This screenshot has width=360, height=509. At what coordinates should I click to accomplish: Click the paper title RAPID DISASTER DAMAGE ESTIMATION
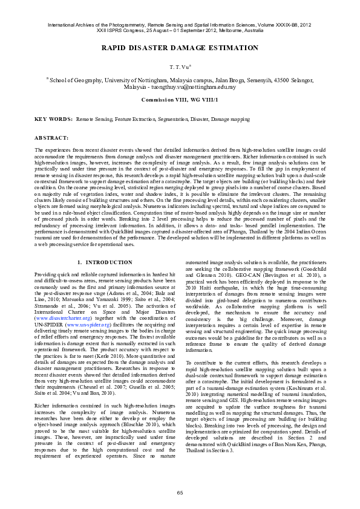[180, 48]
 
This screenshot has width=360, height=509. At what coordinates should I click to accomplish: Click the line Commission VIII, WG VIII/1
[180, 99]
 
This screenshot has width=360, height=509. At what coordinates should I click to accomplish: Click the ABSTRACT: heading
[51, 138]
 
